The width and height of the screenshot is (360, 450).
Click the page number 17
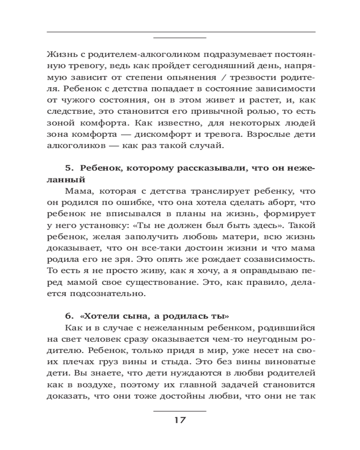(180, 420)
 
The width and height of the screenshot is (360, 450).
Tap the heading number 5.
(68, 168)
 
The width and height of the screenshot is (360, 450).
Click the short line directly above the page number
(180, 411)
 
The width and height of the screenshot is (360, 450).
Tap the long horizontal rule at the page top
(180, 31)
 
